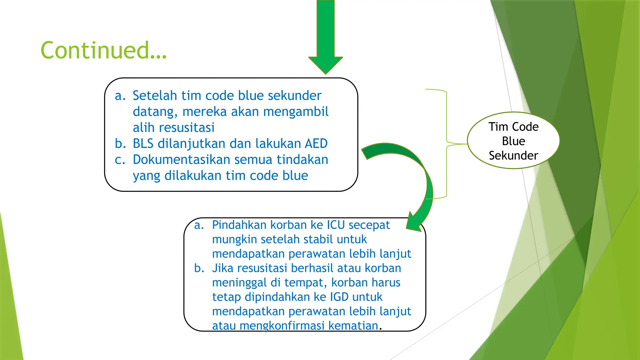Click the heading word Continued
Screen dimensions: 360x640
tap(103, 50)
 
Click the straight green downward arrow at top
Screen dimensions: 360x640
tap(326, 34)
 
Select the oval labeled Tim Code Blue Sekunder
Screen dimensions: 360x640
tap(513, 141)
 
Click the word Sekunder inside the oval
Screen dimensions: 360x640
tap(513, 156)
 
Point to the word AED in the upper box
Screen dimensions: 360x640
tap(316, 144)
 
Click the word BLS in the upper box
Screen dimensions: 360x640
tap(143, 144)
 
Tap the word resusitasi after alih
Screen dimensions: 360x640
tap(187, 128)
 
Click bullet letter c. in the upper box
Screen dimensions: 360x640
tap(120, 160)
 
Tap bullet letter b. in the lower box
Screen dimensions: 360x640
tap(199, 268)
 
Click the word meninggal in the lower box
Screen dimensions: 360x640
tap(239, 283)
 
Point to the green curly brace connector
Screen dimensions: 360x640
tap(447, 144)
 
